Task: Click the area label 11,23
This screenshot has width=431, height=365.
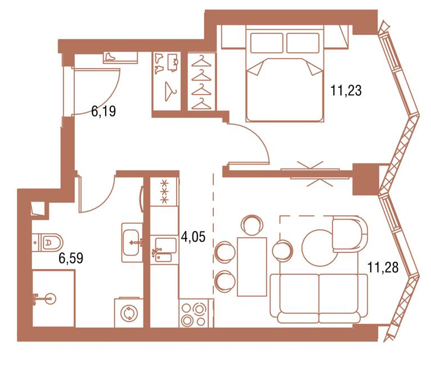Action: click(346, 91)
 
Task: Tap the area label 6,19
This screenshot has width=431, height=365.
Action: click(104, 112)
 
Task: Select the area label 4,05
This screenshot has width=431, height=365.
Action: click(193, 237)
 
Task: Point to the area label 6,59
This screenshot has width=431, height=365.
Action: click(71, 259)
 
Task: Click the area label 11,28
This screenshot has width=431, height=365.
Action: click(383, 268)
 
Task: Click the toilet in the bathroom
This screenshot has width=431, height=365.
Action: click(48, 242)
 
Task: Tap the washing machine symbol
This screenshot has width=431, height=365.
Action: click(129, 313)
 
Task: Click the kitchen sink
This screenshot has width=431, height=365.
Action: click(164, 250)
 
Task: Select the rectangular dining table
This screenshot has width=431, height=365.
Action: click(252, 267)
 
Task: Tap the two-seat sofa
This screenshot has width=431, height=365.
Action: click(319, 299)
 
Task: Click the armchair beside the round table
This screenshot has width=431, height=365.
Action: click(349, 233)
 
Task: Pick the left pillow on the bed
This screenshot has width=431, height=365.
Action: click(267, 43)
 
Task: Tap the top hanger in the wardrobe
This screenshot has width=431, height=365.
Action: click(201, 61)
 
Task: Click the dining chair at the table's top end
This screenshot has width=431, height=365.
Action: click(252, 225)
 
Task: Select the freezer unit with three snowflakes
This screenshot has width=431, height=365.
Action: click(165, 192)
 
